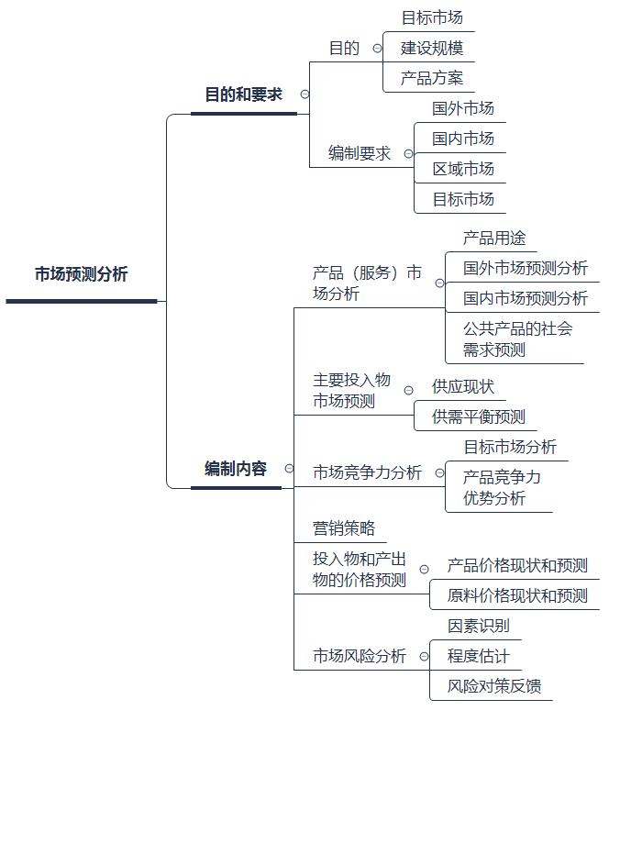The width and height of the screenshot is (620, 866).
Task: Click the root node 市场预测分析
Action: [x=81, y=273]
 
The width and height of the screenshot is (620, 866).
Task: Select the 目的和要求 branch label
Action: [x=243, y=94]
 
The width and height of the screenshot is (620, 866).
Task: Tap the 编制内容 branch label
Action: [x=236, y=469]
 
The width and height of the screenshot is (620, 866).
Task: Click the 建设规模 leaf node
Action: [x=432, y=48]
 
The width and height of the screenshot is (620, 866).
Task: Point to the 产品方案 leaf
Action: [x=432, y=78]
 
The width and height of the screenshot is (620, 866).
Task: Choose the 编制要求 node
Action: [x=359, y=153]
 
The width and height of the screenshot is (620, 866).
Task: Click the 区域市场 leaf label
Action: [x=463, y=169]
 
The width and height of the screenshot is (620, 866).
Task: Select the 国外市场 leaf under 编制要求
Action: [x=463, y=109]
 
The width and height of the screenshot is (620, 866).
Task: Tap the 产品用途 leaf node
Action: [x=493, y=239]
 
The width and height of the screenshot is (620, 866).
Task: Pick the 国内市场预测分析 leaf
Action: [x=526, y=298]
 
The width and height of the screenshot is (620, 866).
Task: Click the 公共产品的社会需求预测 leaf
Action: [x=518, y=339]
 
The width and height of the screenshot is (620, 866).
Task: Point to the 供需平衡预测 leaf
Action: [x=478, y=416]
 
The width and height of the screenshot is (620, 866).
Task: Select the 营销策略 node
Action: [x=343, y=528]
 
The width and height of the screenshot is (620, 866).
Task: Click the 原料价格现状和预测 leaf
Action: [x=517, y=595]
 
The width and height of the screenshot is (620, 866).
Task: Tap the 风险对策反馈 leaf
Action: [x=493, y=685]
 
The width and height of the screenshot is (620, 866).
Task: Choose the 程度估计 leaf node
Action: [x=479, y=656]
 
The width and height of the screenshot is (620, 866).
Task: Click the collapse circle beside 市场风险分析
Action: [x=424, y=656]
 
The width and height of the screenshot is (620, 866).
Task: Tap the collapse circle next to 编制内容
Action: [x=289, y=469]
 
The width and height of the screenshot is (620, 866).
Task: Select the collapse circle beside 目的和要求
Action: [x=304, y=94]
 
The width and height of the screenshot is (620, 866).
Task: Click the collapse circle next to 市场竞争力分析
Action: [x=439, y=473]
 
